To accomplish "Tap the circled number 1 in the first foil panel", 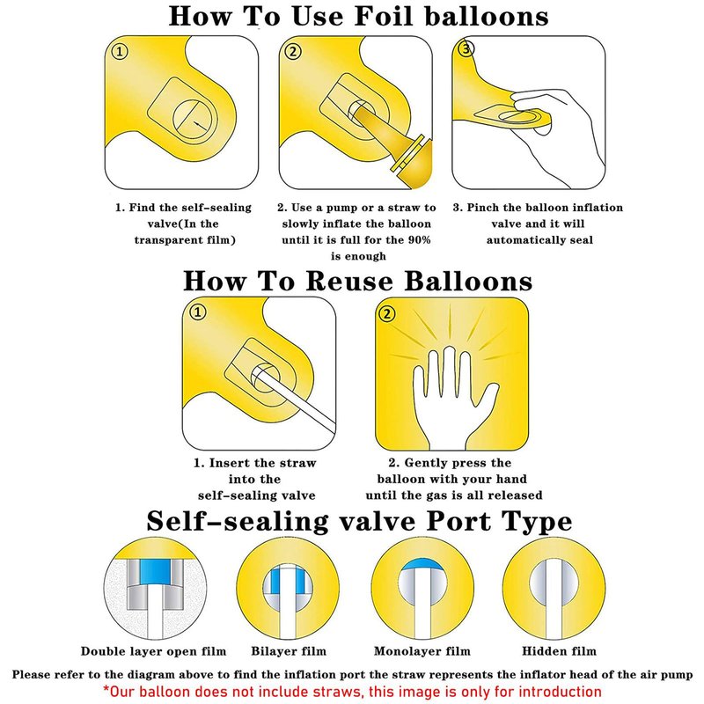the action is click(x=120, y=51).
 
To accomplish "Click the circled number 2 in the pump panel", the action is click(x=293, y=51).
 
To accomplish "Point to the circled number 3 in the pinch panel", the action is click(x=466, y=48).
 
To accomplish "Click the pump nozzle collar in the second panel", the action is click(x=407, y=153).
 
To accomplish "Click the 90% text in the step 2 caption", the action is click(x=419, y=239).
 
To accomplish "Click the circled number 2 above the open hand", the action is click(x=387, y=313).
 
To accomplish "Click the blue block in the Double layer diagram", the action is click(x=156, y=571).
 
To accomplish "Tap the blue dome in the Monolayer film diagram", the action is click(x=422, y=565).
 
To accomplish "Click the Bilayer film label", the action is click(x=289, y=651).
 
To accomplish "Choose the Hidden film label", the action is click(x=559, y=651).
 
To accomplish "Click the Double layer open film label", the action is click(x=153, y=651).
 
